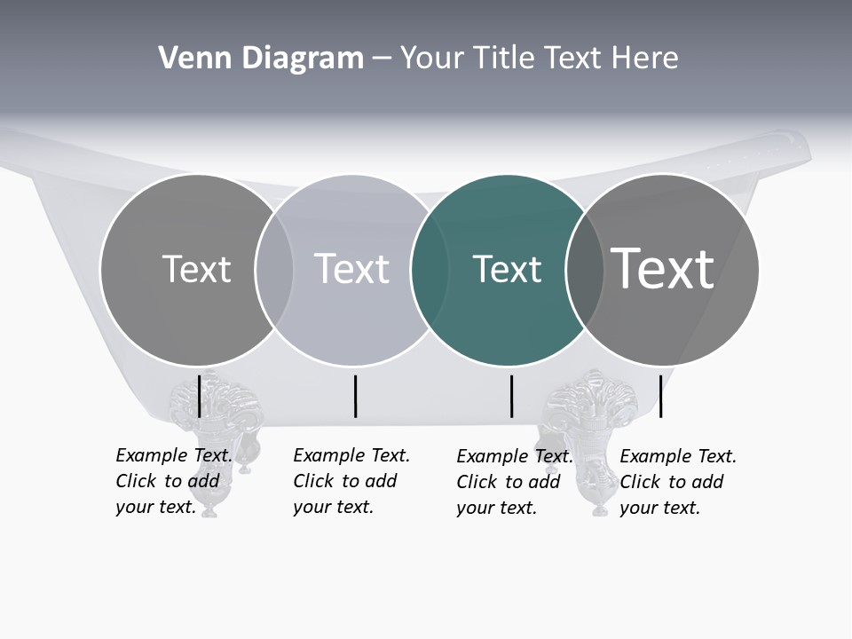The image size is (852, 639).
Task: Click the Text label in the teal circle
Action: tap(507, 269)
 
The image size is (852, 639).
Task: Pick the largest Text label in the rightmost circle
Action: tap(663, 268)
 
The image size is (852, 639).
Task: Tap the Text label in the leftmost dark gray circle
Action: tap(196, 269)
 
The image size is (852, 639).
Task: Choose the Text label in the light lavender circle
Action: tap(351, 269)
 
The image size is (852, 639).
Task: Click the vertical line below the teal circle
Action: tap(512, 396)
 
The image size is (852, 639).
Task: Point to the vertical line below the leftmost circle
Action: tap(200, 396)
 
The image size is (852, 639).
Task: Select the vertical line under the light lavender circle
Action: tap(355, 396)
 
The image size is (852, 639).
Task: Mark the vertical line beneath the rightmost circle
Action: tap(661, 396)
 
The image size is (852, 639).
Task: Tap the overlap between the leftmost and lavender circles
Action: tap(274, 270)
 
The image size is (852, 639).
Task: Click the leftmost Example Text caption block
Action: tap(173, 481)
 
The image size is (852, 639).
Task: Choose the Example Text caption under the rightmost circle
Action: tap(677, 482)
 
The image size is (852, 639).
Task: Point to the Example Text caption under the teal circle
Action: tap(514, 482)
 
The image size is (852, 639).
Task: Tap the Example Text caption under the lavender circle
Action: tap(351, 481)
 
